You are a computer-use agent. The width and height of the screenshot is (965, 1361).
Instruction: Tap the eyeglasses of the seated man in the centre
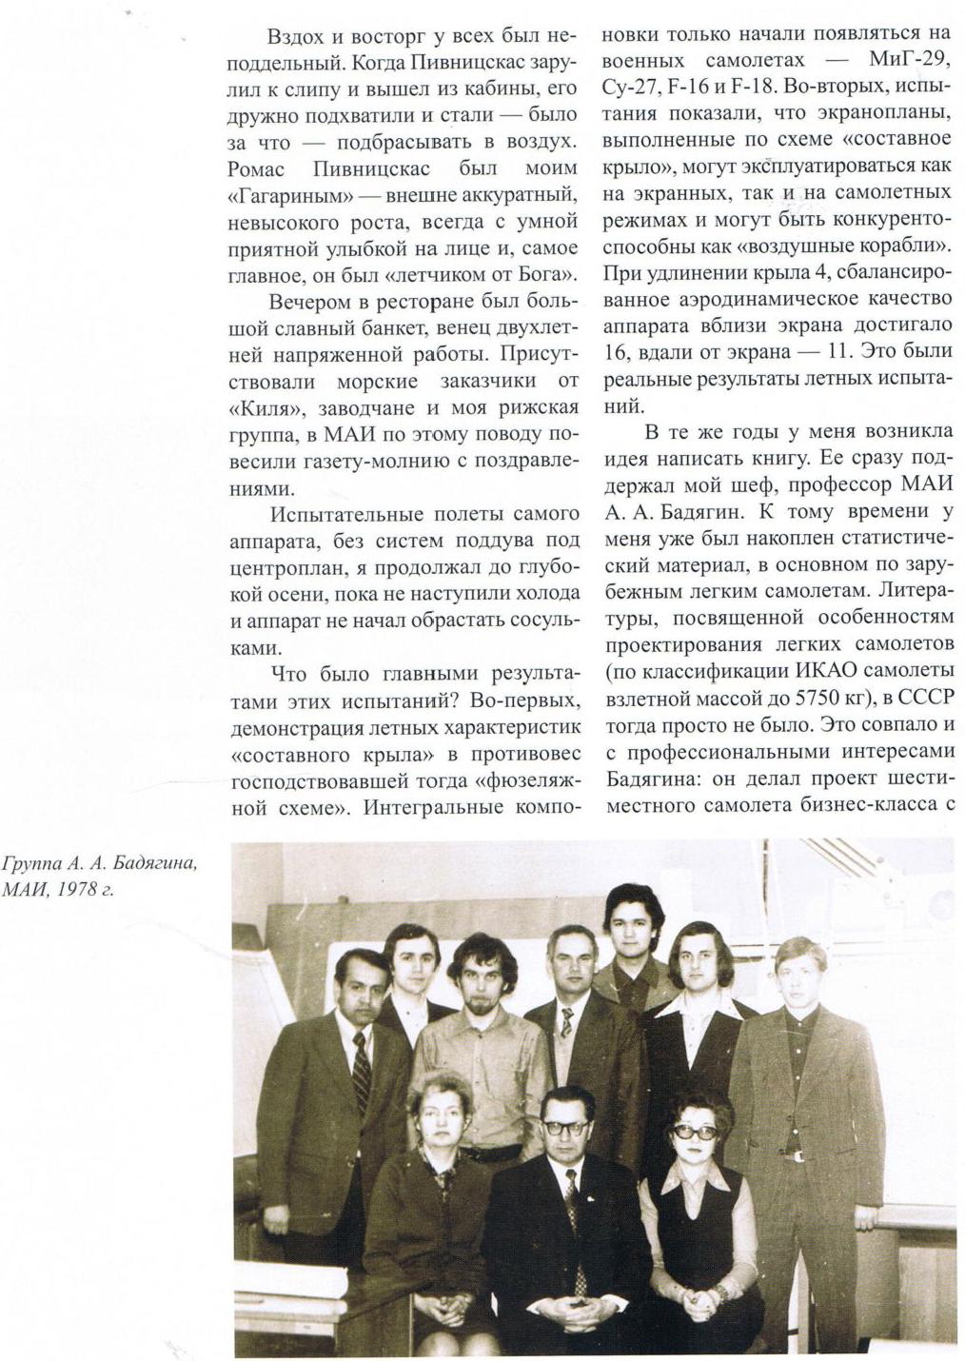tap(566, 1128)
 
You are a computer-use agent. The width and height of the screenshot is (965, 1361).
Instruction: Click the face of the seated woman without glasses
tap(440, 1118)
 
